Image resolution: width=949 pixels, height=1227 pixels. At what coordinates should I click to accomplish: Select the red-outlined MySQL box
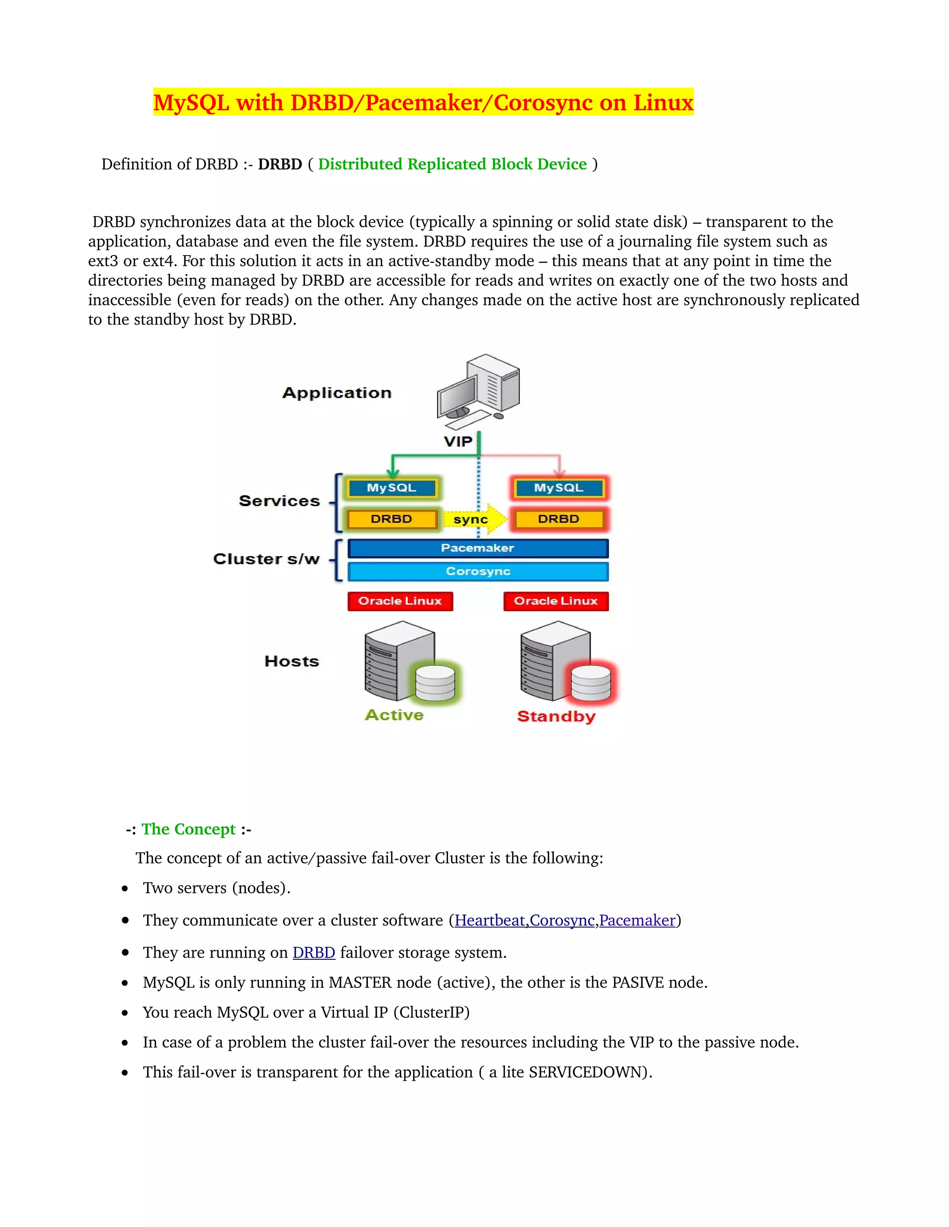click(x=558, y=488)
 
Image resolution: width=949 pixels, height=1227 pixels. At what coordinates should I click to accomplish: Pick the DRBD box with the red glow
click(x=558, y=519)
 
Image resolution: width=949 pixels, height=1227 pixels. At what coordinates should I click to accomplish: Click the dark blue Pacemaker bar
click(x=477, y=548)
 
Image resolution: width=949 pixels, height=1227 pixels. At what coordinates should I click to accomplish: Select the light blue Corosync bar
click(x=477, y=571)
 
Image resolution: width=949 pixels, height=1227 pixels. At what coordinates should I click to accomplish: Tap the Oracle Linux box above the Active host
click(x=400, y=601)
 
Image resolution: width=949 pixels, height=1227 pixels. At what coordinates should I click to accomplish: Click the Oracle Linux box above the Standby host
click(x=556, y=601)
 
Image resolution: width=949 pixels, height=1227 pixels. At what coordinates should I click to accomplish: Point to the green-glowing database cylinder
click(x=435, y=682)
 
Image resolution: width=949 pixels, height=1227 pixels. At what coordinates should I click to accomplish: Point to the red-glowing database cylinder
click(x=591, y=682)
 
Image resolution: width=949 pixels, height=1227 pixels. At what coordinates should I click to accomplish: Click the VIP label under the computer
click(x=458, y=442)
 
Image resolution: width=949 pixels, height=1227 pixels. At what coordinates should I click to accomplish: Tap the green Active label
click(x=394, y=714)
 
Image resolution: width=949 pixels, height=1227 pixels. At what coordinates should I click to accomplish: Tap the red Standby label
click(x=556, y=716)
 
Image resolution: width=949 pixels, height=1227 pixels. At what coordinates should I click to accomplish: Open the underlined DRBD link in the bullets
click(x=314, y=952)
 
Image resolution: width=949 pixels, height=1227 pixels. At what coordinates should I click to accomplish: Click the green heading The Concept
click(x=188, y=829)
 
